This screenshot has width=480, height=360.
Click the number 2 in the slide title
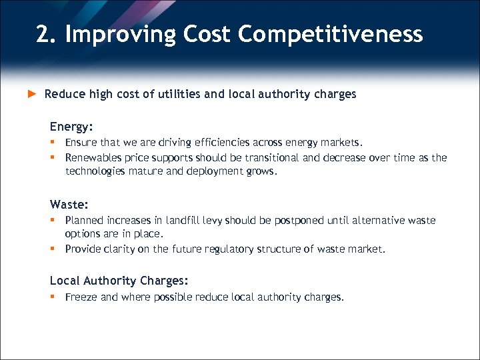(44, 33)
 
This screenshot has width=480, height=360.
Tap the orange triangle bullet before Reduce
(31, 94)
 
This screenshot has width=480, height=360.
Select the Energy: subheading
(71, 126)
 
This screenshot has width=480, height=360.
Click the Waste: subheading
(69, 204)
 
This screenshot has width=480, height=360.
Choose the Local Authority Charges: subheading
(119, 281)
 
